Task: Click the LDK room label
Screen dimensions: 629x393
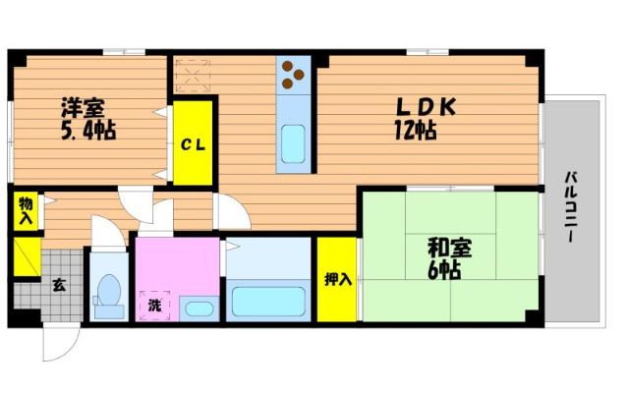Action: (x=427, y=107)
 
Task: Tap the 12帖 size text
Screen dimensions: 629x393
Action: (x=416, y=131)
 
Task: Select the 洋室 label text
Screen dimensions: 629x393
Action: (x=83, y=107)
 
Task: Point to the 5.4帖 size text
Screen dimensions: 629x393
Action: (x=88, y=131)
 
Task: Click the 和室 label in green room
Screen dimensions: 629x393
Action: (x=450, y=248)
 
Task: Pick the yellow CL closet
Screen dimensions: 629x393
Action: (x=193, y=143)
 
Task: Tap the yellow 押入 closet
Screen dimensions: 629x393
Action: (x=337, y=279)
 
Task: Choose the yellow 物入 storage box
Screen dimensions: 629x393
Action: (x=26, y=211)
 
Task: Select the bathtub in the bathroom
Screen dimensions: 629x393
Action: (x=268, y=302)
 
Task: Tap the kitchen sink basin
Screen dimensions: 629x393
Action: (x=293, y=144)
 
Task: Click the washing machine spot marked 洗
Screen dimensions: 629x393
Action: (x=155, y=306)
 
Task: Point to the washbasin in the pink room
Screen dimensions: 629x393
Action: (x=199, y=309)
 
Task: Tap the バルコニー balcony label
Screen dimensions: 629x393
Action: (x=571, y=207)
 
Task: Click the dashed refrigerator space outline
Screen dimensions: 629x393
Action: (x=193, y=76)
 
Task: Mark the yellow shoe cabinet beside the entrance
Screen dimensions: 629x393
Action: (x=28, y=256)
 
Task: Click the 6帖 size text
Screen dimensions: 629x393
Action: (x=444, y=270)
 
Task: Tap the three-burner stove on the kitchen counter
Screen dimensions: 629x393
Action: (x=293, y=75)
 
